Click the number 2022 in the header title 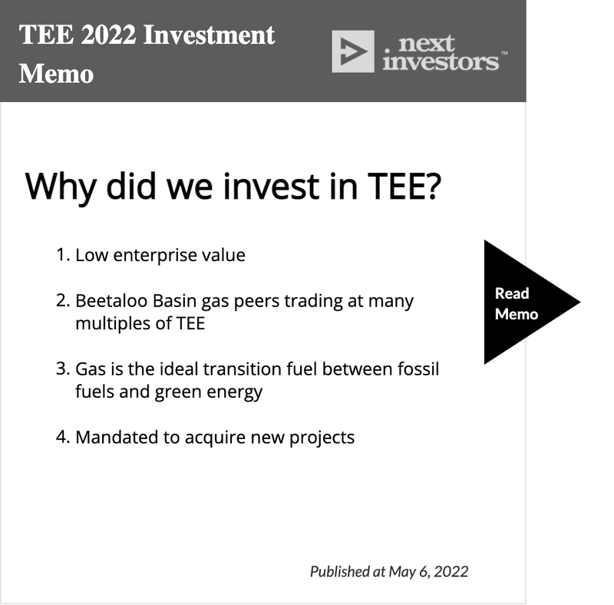coord(108,35)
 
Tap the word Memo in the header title coord(56,74)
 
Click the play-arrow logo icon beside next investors coord(353,51)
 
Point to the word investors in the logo coord(441,61)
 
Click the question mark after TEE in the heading coord(434,186)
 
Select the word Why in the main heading coord(61,187)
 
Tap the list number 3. coord(63,369)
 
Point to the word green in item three coord(178,392)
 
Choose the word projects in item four coord(322,438)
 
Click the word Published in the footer coord(340,572)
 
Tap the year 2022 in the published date coord(451,572)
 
